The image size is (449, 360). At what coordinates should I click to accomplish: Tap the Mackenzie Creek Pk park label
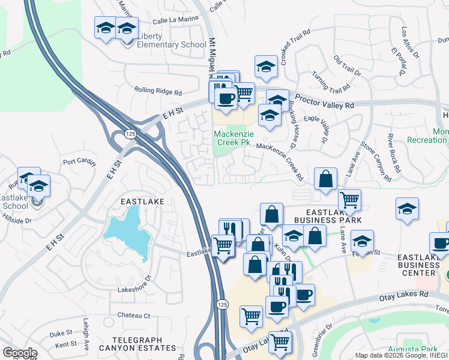[x=232, y=137]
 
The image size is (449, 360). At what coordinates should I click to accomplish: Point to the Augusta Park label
[x=420, y=349]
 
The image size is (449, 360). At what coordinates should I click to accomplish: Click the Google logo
[x=20, y=353]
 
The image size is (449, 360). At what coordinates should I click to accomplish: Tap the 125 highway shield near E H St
[x=129, y=134]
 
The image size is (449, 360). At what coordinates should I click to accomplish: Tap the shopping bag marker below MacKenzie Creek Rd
[x=325, y=179]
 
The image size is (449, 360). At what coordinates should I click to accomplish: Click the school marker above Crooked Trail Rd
[x=266, y=67]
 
